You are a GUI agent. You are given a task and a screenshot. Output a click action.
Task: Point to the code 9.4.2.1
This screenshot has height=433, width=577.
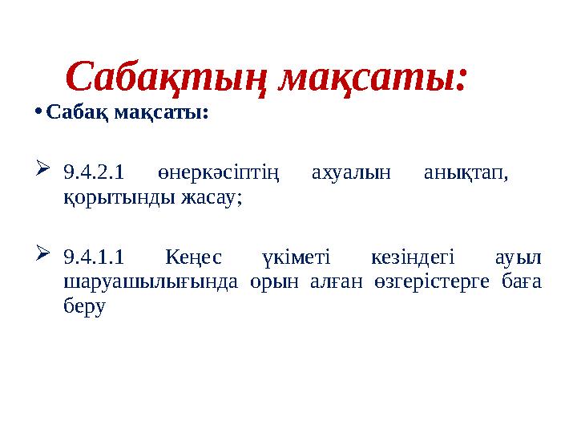click(x=93, y=171)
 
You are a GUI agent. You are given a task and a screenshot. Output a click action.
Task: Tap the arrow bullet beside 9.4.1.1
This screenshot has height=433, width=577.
click(x=43, y=256)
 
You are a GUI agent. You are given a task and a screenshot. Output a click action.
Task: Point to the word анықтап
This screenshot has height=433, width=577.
click(x=469, y=171)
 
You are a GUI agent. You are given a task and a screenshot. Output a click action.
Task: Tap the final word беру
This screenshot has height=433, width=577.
click(x=84, y=306)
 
